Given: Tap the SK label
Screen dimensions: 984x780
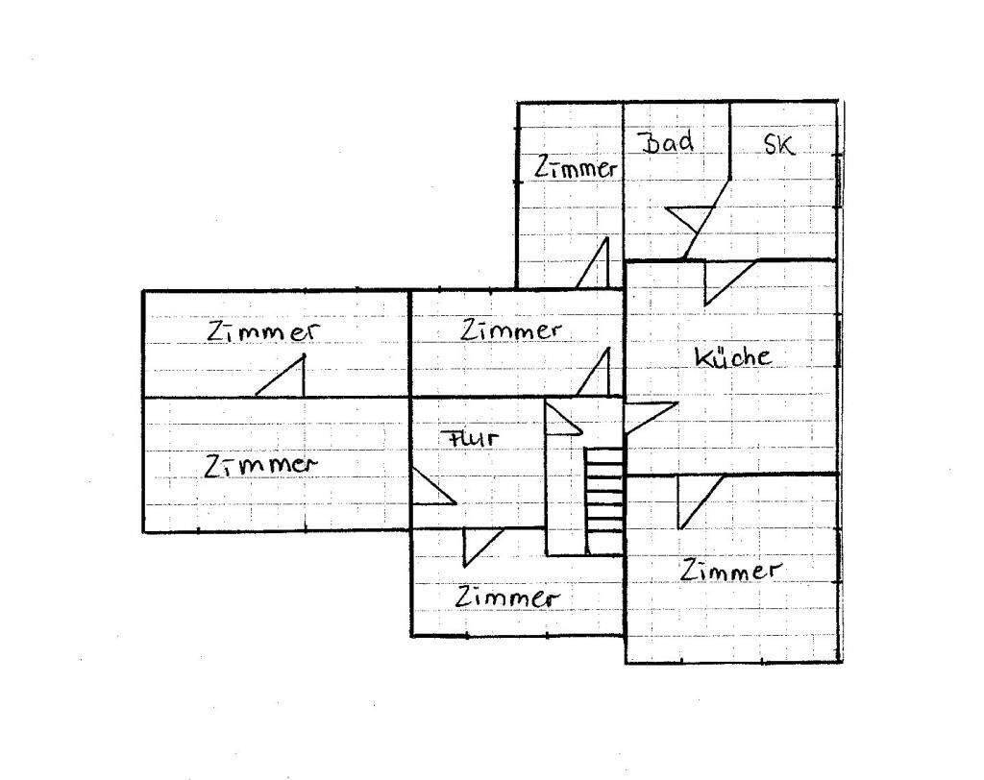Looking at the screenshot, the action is click(778, 144).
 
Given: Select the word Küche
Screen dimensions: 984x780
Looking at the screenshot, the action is click(732, 356).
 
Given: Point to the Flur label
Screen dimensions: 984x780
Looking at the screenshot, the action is click(470, 437).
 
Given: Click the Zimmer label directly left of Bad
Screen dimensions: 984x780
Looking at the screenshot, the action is click(576, 167).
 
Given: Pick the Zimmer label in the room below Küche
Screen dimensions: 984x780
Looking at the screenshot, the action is click(730, 571).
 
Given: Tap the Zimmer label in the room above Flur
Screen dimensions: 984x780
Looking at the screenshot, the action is click(510, 330).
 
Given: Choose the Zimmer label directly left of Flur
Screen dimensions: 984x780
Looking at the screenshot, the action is click(259, 465).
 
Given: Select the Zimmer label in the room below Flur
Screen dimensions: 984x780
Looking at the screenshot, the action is click(506, 597).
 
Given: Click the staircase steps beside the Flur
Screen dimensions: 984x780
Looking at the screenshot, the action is click(604, 500).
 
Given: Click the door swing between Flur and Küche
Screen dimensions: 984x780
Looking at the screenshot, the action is click(650, 417).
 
